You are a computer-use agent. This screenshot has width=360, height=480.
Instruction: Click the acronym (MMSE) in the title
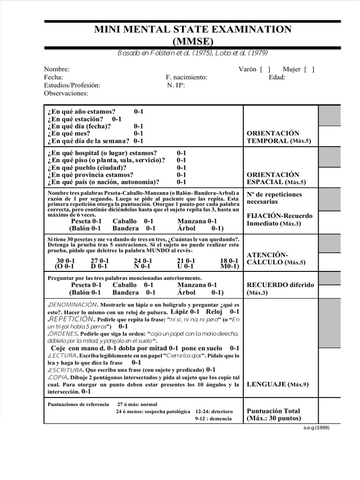coord(193,41)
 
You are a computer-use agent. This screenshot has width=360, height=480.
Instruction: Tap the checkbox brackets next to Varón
coord(265,69)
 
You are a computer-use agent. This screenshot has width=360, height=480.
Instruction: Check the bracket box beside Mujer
coord(309,69)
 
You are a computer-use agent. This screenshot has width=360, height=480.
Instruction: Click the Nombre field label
coord(57,69)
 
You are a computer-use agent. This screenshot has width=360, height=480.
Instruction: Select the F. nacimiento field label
coord(186,77)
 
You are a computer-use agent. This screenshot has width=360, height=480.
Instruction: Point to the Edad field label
coord(277,77)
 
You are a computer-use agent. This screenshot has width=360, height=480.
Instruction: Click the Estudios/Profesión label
coord(72,85)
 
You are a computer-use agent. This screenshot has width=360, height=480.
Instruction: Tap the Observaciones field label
coord(66,93)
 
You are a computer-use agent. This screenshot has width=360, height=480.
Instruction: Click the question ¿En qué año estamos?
coord(81,112)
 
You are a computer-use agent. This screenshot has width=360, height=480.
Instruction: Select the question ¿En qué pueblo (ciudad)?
coord(87,167)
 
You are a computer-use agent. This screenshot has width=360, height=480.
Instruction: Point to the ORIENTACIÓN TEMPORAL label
coord(278,137)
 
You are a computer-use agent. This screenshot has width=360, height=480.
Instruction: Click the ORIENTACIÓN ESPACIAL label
coord(278,178)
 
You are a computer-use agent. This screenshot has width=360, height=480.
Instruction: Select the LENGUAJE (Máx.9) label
coord(277,384)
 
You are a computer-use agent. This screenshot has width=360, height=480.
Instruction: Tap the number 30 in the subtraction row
coord(60,261)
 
